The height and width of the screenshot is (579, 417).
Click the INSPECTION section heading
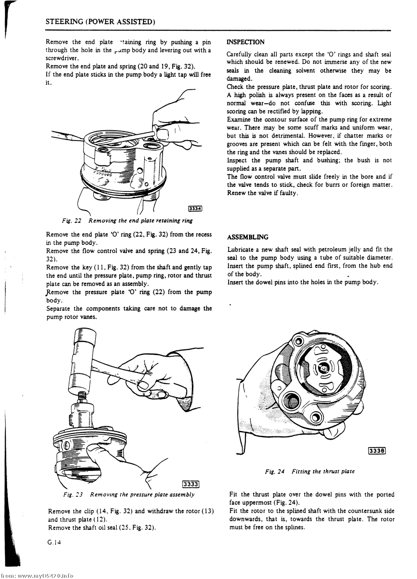pos(245,42)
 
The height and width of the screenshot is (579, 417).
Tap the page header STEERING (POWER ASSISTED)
pos(100,22)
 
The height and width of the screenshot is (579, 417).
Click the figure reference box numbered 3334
pos(195,209)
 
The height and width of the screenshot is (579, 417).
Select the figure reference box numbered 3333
pos(191,484)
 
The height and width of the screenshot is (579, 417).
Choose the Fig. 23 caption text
pos(129,495)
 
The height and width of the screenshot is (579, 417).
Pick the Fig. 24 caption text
pos(310,471)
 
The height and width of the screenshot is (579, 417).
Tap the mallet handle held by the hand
pos(121,371)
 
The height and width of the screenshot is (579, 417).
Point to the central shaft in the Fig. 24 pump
pos(324,369)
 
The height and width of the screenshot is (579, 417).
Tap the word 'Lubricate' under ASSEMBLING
pos(241,249)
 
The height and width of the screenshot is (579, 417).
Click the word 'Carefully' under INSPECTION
pos(240,54)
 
